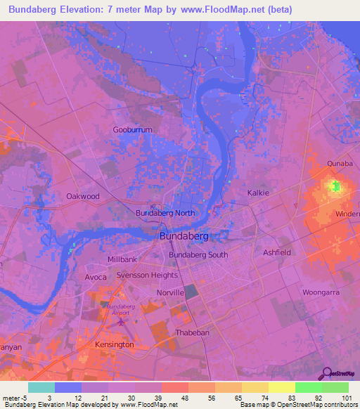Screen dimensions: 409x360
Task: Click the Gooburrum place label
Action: tap(132, 129)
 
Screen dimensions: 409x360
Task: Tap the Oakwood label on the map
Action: tap(83, 197)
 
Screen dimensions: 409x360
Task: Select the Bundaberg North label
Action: tap(165, 212)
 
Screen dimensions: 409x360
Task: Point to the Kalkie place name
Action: tap(259, 192)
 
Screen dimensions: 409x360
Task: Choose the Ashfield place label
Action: tap(276, 252)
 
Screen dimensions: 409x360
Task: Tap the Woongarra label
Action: tap(321, 291)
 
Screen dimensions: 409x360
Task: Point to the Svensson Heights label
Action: tap(147, 275)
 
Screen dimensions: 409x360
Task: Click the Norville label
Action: tap(170, 292)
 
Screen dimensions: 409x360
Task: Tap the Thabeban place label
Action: tap(192, 332)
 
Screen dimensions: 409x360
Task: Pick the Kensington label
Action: tap(114, 345)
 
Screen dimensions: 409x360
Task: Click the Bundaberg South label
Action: tap(198, 255)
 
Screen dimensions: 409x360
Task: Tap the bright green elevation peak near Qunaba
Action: tap(336, 186)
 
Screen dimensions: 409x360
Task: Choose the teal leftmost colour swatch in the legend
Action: tap(41, 387)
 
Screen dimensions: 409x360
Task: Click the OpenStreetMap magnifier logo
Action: tap(326, 374)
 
